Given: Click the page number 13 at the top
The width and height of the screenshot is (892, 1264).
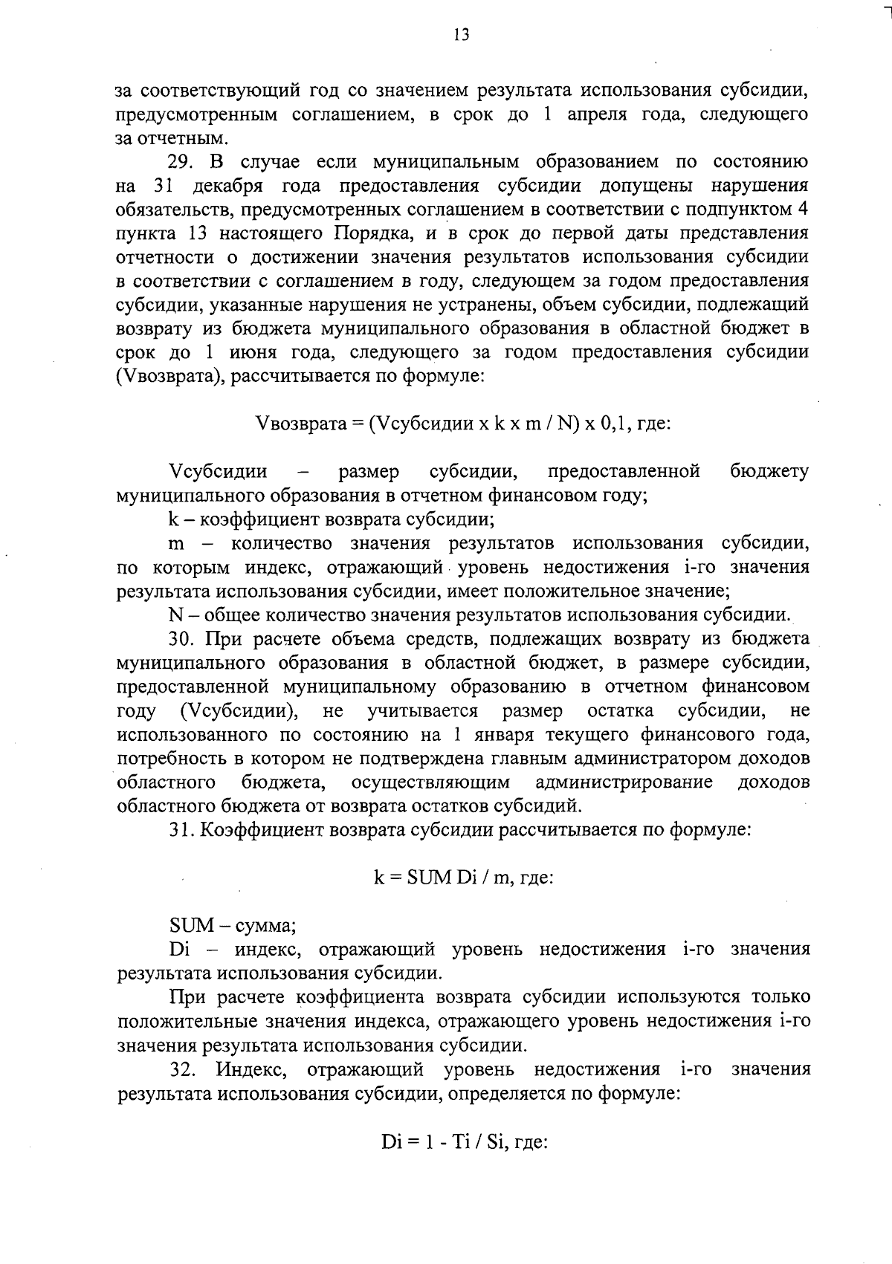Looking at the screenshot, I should point(461,35).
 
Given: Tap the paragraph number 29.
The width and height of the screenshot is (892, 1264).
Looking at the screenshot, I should point(181,162).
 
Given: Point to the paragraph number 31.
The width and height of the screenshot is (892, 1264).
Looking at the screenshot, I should point(181,829).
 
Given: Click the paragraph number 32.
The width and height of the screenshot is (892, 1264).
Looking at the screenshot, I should point(183,1070).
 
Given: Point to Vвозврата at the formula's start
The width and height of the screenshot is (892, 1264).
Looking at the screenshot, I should point(300,424).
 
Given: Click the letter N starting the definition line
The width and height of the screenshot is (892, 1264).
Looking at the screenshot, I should point(176,615).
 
